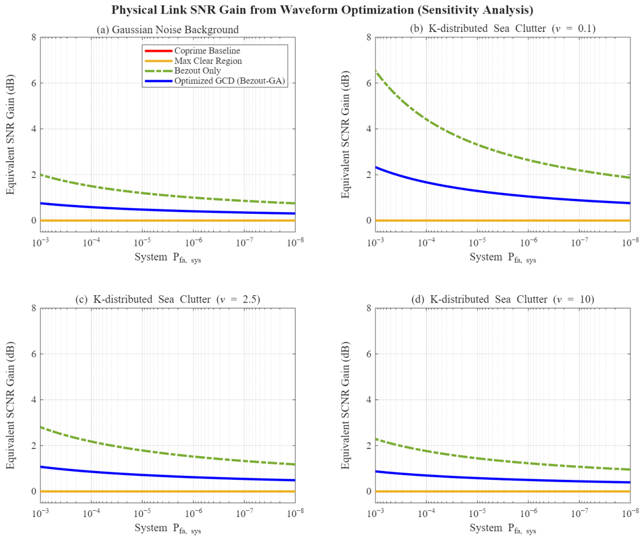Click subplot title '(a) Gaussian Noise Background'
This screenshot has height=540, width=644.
pyautogui.click(x=167, y=30)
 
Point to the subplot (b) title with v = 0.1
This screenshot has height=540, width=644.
pyautogui.click(x=503, y=28)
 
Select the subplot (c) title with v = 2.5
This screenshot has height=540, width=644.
pyautogui.click(x=167, y=299)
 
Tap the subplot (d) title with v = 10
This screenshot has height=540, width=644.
pyautogui.click(x=503, y=299)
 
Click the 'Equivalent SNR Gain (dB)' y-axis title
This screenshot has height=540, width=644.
pyautogui.click(x=10, y=134)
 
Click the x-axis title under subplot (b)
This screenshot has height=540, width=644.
pyautogui.click(x=503, y=258)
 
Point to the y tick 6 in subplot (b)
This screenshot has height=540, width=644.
pyautogui.click(x=368, y=83)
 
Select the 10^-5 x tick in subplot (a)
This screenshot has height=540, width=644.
pyautogui.click(x=142, y=242)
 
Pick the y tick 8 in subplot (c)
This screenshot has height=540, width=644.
pyautogui.click(x=34, y=308)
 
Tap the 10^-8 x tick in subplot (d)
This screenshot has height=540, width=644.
pyautogui.click(x=630, y=512)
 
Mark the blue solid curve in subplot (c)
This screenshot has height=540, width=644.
pyautogui.click(x=142, y=475)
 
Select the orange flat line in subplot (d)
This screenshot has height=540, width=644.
pyautogui.click(x=503, y=491)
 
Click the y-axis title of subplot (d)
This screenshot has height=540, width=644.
pyautogui.click(x=345, y=405)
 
